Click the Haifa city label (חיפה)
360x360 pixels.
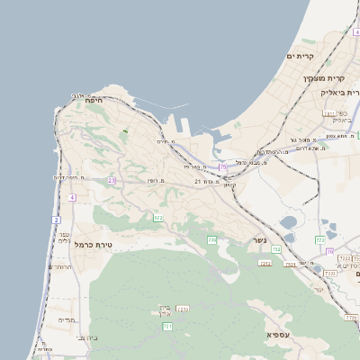[x=94, y=101]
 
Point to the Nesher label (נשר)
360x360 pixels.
[x=259, y=240]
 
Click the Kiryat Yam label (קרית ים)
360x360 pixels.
[x=300, y=57]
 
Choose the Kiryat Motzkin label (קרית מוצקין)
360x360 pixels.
[x=322, y=78]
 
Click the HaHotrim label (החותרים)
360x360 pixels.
[x=60, y=266]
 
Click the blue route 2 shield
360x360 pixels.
[x=57, y=220]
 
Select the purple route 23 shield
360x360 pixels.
[x=112, y=180]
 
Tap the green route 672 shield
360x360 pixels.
[x=158, y=217]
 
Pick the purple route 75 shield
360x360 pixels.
[x=222, y=167]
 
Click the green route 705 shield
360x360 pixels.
[x=212, y=238]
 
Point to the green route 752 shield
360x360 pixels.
[x=276, y=248]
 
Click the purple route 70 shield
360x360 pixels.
[x=329, y=251]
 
